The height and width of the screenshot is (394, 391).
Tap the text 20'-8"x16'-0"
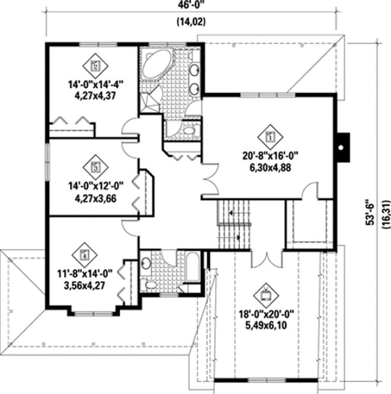click(x=271, y=157)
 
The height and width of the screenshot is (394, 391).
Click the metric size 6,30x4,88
click(x=271, y=167)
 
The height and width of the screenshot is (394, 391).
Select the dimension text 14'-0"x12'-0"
click(x=95, y=187)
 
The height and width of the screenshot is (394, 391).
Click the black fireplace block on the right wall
click(x=342, y=143)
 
